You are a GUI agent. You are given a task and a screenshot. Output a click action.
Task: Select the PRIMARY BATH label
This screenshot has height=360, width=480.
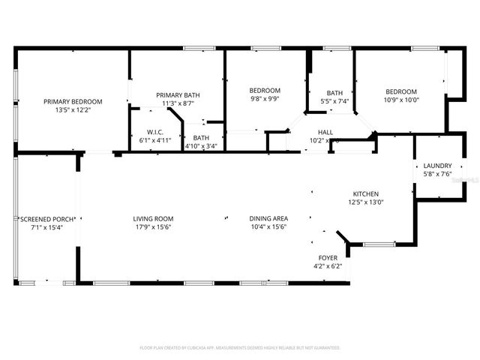point(178,94)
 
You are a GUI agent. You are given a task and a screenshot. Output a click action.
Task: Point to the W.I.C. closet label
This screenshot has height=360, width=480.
point(155,132)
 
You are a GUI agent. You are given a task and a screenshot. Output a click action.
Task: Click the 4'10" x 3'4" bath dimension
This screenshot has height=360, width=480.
point(201,145)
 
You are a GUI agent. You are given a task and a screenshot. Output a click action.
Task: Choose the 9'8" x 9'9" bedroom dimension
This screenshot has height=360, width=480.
point(264,98)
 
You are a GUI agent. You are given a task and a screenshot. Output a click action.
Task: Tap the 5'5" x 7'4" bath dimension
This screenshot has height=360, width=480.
point(334,100)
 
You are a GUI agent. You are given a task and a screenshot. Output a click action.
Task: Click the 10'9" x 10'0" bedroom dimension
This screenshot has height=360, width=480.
point(400,99)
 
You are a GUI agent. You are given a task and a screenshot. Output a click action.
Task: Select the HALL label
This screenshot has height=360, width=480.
point(325,132)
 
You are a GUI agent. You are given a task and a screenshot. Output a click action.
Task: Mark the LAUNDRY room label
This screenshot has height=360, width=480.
point(437,166)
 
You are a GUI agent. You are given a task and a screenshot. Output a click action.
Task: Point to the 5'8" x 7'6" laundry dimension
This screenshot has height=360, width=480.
point(437,174)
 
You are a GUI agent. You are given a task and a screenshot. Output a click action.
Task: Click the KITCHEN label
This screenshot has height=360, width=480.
point(366,193)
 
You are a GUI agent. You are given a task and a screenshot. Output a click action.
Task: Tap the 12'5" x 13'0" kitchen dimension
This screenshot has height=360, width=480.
point(366,202)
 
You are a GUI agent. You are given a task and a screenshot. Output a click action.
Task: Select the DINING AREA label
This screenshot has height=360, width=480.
point(268,218)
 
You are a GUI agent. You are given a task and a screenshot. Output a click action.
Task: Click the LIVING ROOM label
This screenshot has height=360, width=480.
point(153,218)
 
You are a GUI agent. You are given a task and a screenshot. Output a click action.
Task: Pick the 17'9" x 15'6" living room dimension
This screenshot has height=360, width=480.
point(153,226)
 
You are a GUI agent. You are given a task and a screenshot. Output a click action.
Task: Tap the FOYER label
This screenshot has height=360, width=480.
point(328,257)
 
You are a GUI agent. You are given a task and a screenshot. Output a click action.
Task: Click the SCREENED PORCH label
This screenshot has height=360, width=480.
point(46,218)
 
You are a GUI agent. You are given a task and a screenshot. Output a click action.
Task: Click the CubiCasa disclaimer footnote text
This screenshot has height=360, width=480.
point(240,348)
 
